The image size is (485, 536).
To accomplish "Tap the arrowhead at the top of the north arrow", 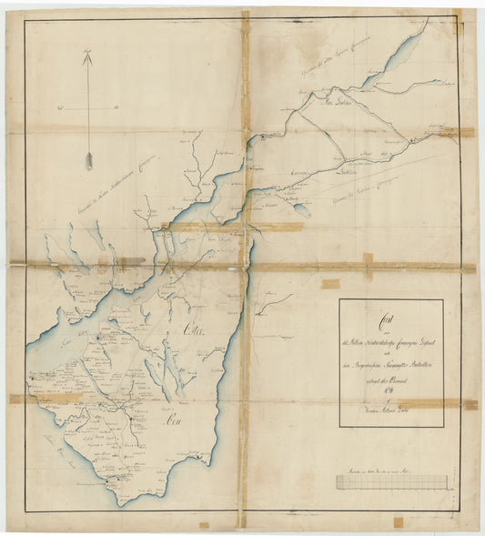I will coord(88,58).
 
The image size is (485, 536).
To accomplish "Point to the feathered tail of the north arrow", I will coord(89,161).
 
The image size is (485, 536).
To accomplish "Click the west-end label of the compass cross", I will coord(58,108).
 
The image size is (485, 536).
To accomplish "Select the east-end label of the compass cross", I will coord(118,108).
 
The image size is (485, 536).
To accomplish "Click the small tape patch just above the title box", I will coord(330,284).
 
